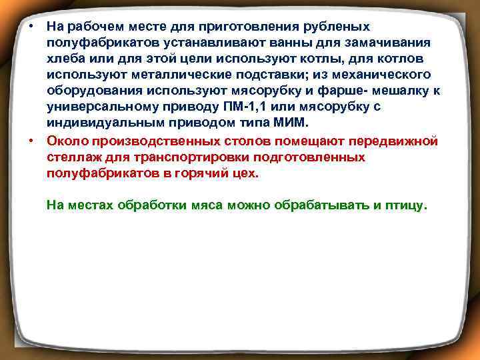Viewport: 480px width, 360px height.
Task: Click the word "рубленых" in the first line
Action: pos(337,27)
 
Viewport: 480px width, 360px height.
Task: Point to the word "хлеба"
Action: pos(64,58)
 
